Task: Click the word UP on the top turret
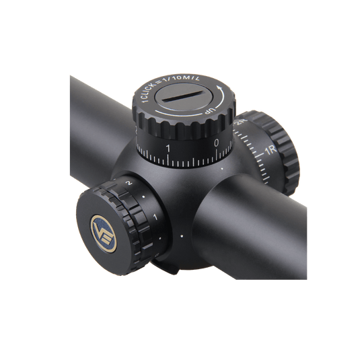(211, 111)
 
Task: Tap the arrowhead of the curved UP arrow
(220, 87)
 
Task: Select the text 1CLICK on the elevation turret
(149, 92)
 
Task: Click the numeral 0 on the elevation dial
(216, 143)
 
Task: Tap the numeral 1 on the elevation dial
(168, 149)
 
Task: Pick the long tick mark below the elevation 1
(168, 159)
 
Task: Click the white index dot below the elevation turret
(222, 169)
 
